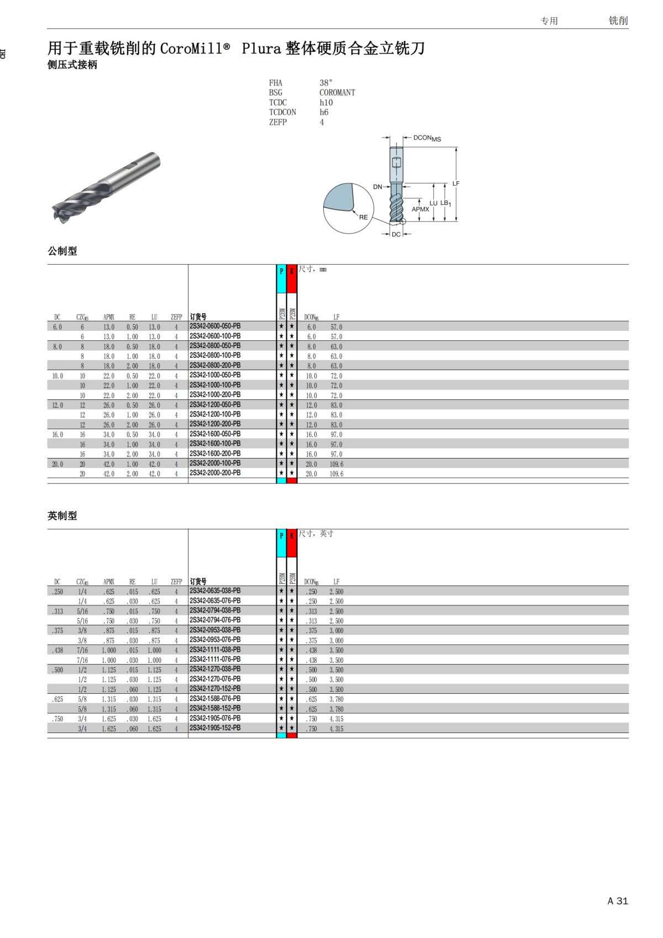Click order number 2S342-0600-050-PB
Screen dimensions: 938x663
[215, 326]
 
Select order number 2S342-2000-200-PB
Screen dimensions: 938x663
[215, 473]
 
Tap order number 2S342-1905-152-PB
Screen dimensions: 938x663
[215, 728]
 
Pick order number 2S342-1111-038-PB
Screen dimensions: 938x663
[215, 650]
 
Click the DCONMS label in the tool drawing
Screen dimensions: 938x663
[427, 138]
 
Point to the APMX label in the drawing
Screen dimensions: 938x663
[420, 209]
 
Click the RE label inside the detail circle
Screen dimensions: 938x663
[363, 217]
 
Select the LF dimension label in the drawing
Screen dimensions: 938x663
[456, 183]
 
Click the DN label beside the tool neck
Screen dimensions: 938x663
[377, 187]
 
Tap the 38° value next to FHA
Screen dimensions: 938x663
[326, 83]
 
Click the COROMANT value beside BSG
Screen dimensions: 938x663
[337, 93]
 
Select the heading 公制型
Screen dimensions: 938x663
[62, 251]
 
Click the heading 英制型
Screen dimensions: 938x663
[62, 515]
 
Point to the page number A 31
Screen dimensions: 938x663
[618, 901]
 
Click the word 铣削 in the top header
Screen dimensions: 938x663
[618, 20]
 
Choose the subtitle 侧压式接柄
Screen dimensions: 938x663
[72, 65]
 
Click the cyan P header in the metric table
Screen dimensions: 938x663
[281, 271]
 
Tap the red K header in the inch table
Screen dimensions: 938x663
[292, 536]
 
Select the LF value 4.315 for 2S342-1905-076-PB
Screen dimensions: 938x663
[336, 719]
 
